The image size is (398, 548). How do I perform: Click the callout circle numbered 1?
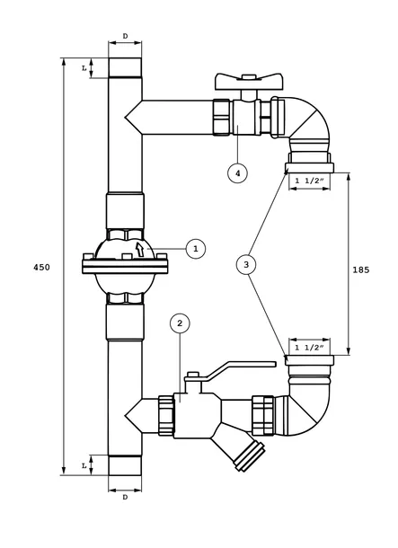point(196,249)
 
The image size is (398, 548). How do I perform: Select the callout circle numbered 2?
point(180,323)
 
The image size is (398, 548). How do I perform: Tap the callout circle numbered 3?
point(246,264)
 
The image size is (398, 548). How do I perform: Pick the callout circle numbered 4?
point(237,173)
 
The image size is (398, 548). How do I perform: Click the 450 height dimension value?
point(41,268)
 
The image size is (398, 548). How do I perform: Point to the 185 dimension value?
point(360,270)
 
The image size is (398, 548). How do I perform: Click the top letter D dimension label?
point(125,36)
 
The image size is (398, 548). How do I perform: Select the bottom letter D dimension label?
point(125,498)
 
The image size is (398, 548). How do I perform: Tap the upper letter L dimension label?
point(84,68)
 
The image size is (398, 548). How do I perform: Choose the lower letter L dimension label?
point(84,466)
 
